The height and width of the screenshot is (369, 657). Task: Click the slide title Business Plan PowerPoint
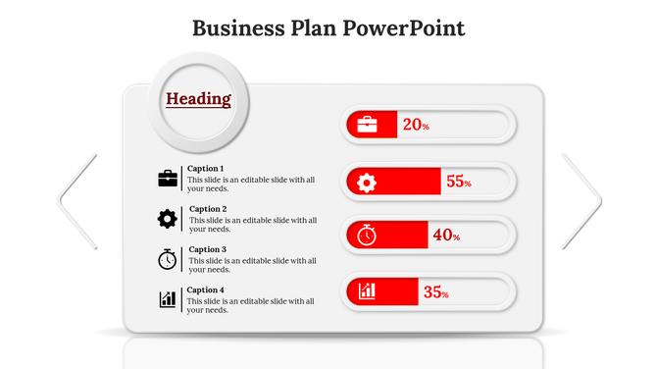point(328,27)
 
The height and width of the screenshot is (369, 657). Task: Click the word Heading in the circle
point(198,99)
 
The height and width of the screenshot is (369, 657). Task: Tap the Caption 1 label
point(205,169)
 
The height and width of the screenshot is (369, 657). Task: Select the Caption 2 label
point(207,209)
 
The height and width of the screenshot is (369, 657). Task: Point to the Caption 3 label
point(207,249)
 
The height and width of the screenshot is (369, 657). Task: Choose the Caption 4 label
point(206,290)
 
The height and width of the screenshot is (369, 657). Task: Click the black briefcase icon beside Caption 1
point(168,178)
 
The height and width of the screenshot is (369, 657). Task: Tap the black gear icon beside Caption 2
point(168,218)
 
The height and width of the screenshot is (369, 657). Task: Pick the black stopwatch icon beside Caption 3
point(168,259)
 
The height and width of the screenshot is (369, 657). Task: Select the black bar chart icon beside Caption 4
point(168,299)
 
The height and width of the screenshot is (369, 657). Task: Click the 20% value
point(416,125)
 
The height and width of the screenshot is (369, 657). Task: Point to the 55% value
point(459,182)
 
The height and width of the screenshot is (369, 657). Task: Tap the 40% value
point(446,236)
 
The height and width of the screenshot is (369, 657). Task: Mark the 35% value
point(435,291)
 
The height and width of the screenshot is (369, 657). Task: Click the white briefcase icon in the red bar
point(367,125)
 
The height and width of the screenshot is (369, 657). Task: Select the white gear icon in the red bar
point(367,182)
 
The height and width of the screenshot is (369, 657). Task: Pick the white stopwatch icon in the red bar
point(367,236)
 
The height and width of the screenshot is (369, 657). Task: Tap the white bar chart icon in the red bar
point(367,290)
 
